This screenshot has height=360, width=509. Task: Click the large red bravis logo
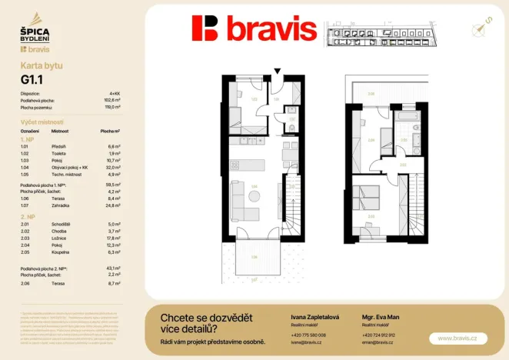click(x=254, y=29)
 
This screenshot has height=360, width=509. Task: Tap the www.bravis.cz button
click(x=457, y=338)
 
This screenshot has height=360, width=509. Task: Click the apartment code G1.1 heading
click(x=32, y=78)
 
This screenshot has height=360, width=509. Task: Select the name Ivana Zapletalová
click(x=313, y=317)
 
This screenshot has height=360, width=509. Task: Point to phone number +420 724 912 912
click(x=378, y=335)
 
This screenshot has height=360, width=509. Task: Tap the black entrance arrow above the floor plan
click(x=278, y=72)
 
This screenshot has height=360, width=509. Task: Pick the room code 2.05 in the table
click(x=25, y=252)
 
